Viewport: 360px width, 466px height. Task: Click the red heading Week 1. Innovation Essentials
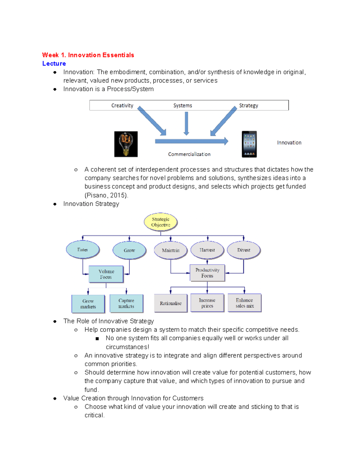point(88,55)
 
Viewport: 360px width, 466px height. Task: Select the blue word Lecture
point(54,63)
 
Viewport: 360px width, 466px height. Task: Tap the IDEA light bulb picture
point(126,144)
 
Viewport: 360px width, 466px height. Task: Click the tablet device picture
point(249,144)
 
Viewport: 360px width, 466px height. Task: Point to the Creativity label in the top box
point(122,105)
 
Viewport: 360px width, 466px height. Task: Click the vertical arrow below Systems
point(186,123)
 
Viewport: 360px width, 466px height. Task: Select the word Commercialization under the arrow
point(189,154)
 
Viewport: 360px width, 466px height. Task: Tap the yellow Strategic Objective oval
point(160,222)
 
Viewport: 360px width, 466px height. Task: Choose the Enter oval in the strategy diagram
point(82,249)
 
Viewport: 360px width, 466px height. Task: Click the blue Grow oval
point(129,250)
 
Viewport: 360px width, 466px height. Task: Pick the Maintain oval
point(171,250)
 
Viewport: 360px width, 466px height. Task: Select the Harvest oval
point(207,250)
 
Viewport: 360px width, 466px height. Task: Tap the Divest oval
point(244,250)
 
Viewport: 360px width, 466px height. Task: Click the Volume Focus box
point(106,274)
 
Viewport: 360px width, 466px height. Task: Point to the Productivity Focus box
point(207,273)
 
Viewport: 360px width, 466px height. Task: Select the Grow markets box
point(88,304)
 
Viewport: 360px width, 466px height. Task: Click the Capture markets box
point(126,303)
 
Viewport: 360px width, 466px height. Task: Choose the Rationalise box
point(171,303)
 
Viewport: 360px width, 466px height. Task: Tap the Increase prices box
point(207,303)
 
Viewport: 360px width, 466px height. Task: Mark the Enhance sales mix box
point(244,303)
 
